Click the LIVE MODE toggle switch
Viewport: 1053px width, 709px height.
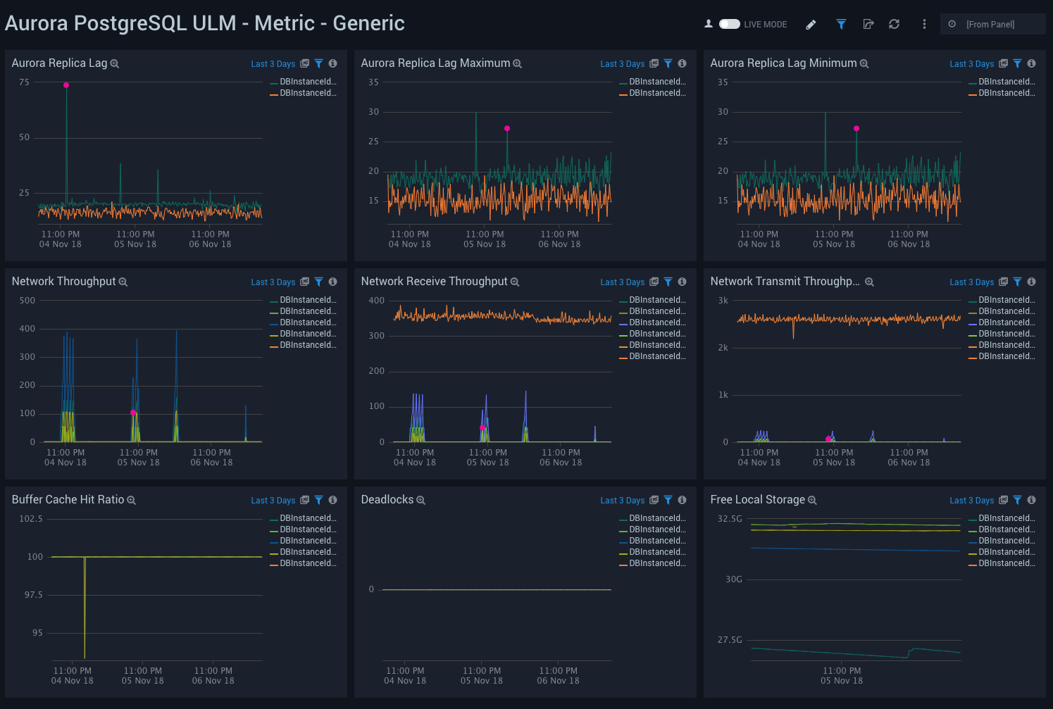(729, 24)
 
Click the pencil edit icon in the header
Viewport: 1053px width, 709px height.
(811, 25)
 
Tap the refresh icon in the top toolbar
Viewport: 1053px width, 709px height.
(894, 24)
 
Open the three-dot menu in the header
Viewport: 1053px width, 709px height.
(924, 24)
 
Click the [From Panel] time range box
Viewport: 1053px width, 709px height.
(992, 24)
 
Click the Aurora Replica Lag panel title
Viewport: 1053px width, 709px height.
(59, 63)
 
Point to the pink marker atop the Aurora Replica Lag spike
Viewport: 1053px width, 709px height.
(66, 85)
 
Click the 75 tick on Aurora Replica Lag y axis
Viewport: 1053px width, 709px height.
(25, 82)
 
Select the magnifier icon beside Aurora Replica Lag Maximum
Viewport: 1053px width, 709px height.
(517, 64)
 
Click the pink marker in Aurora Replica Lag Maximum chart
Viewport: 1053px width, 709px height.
(507, 128)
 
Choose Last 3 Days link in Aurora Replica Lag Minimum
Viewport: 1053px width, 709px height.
(971, 64)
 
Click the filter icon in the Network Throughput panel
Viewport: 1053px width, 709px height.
(318, 282)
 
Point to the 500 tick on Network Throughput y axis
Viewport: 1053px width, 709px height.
(27, 301)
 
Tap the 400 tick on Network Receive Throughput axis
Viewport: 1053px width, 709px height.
(377, 301)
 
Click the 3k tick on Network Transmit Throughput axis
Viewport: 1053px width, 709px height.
(723, 301)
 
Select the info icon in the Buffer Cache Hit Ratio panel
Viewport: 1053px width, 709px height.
(332, 500)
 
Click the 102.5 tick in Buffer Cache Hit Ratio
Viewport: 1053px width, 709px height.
(31, 519)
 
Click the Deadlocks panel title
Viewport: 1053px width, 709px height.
(387, 500)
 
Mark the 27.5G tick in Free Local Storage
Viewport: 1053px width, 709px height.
(730, 640)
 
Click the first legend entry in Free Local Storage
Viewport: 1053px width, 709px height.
(1005, 518)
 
